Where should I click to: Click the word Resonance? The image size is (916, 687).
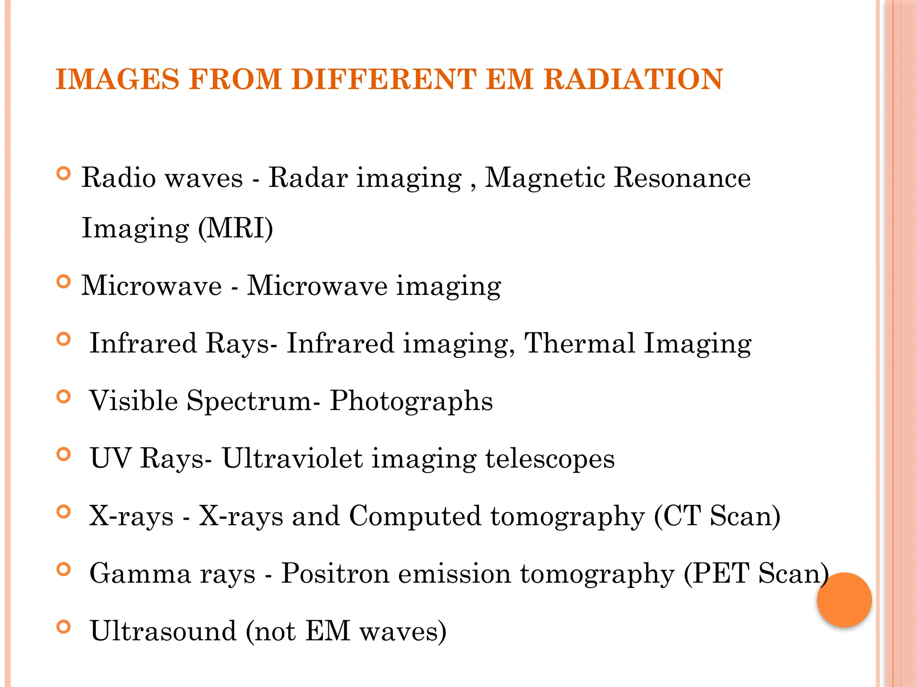coord(682,178)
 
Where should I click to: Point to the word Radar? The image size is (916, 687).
coord(308,178)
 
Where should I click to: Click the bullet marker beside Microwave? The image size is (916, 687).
coord(64,282)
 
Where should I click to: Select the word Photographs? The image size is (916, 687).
coord(411,401)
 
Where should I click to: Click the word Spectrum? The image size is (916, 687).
coord(249,401)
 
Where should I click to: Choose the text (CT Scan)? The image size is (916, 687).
coord(717,516)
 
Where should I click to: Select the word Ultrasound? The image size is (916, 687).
coord(163,631)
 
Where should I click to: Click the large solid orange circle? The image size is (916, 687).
coord(844,600)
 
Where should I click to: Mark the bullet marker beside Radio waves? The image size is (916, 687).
coord(64,174)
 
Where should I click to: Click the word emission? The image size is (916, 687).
coord(454,573)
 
